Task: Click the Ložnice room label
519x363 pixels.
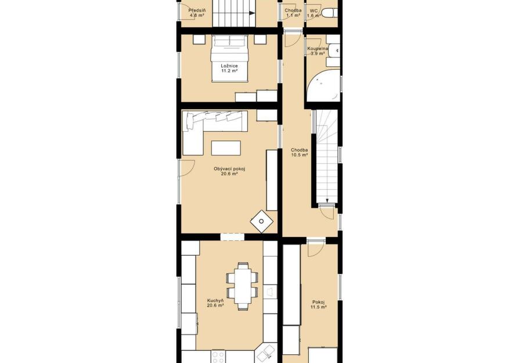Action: point(229,66)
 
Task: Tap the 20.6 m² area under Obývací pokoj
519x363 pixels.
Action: point(229,174)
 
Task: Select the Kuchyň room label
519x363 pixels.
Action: point(215,300)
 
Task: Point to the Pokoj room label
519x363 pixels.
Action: point(318,302)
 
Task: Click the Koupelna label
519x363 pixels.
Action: point(318,49)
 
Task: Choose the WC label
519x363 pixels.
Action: point(314,10)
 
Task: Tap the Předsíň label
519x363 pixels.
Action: point(197,10)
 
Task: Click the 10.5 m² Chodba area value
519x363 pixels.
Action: point(300,154)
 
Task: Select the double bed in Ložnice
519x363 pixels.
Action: point(229,58)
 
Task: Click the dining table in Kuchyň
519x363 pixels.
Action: point(242,286)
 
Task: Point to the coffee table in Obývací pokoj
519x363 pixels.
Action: point(226,148)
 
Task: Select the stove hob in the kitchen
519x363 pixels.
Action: point(218,357)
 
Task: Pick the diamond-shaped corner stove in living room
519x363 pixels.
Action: point(261,221)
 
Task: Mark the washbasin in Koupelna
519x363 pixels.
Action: point(334,51)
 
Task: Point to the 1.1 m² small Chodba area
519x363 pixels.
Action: point(293,15)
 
